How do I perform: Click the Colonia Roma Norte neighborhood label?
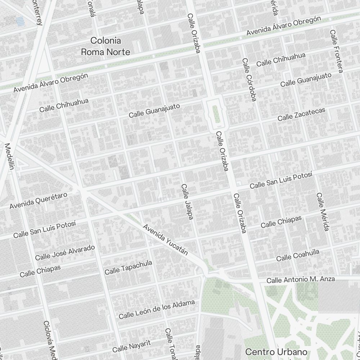click(x=105, y=46)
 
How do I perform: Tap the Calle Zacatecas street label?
click(x=301, y=114)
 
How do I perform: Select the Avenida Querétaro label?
click(x=38, y=201)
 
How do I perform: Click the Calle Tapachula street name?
click(x=128, y=267)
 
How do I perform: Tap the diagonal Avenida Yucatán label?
click(x=166, y=239)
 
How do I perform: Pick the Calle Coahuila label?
click(x=298, y=255)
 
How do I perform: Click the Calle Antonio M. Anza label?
click(x=301, y=279)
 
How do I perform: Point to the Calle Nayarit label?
click(x=131, y=346)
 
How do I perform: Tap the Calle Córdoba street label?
click(x=249, y=80)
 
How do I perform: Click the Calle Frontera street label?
click(x=336, y=51)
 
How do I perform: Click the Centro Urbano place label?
click(x=276, y=352)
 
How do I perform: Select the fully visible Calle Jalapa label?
click(x=187, y=202)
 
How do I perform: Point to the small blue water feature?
click(x=21, y=22)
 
